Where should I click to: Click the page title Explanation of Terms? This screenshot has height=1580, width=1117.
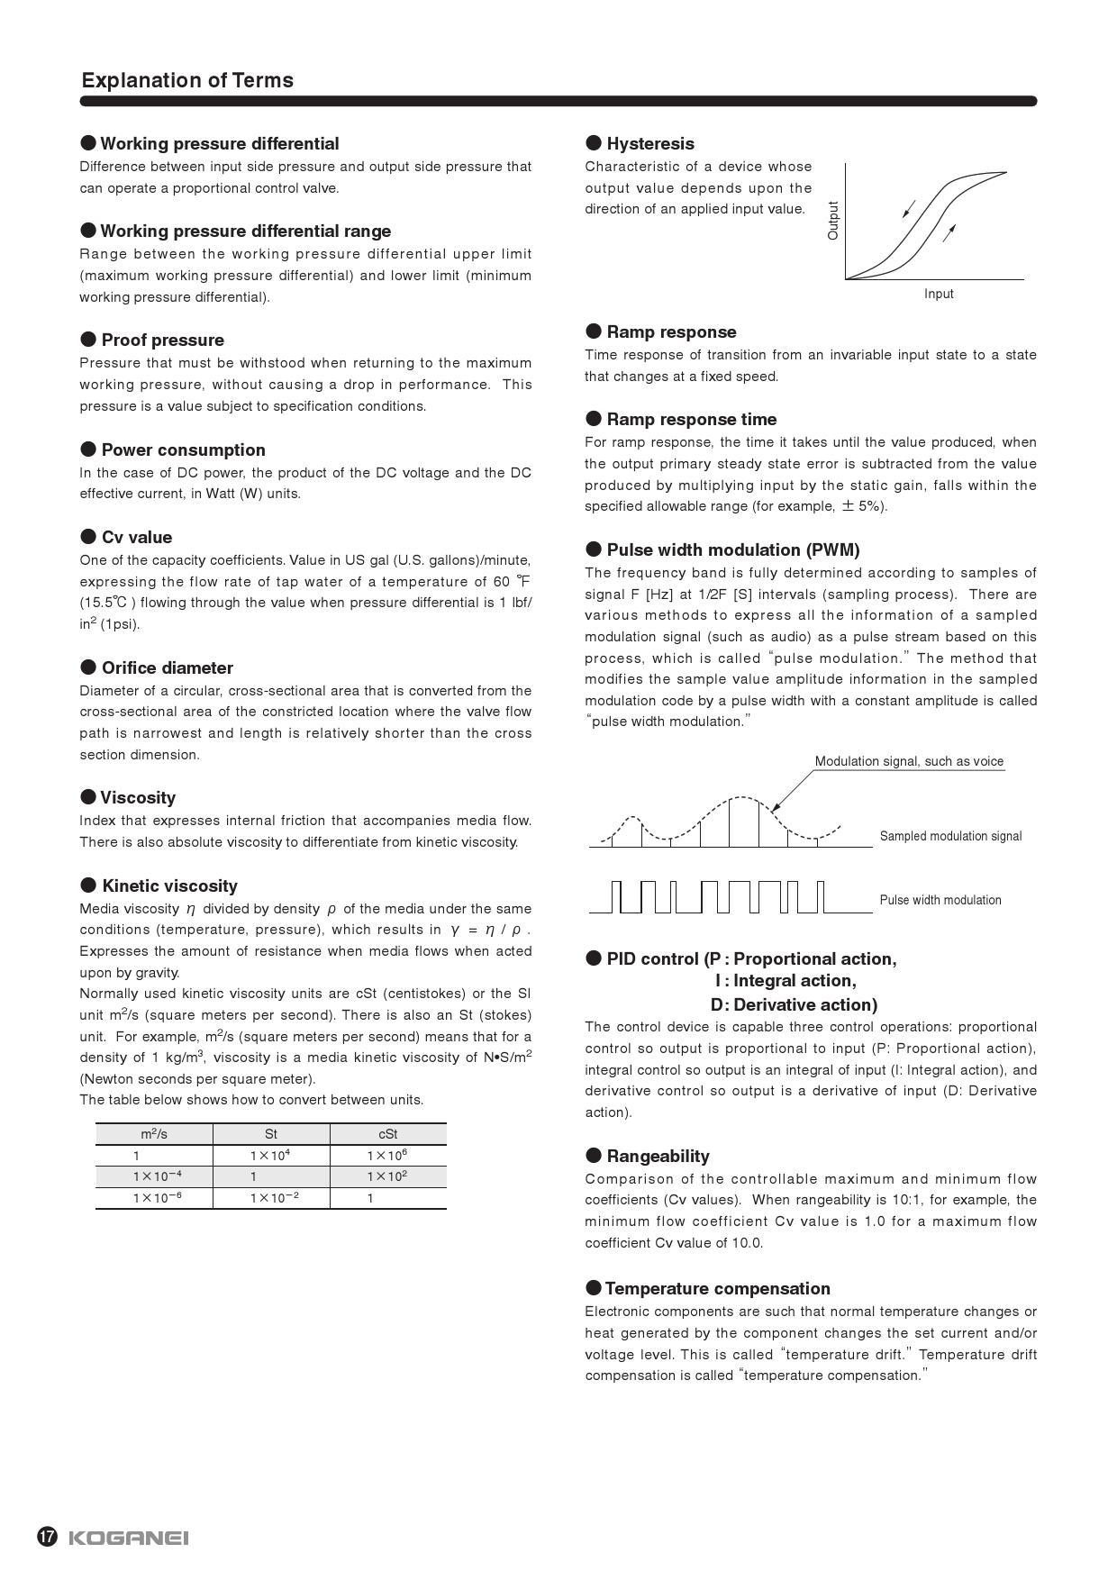(187, 80)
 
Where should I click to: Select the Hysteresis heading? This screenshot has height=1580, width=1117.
(649, 143)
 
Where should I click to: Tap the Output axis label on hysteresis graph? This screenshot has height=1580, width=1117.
(832, 220)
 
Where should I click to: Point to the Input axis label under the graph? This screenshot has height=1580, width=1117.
(938, 294)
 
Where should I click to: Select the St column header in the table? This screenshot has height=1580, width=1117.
(271, 1134)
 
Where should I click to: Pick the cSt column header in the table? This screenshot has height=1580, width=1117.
(388, 1134)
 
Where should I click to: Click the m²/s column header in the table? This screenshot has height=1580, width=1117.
(154, 1134)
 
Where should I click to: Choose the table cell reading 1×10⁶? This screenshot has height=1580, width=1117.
(387, 1155)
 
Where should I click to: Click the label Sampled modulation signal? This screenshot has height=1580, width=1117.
(950, 836)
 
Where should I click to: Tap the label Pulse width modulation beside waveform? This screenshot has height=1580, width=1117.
(940, 900)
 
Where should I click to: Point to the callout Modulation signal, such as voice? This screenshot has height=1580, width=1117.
(909, 761)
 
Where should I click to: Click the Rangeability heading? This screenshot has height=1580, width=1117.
(658, 1156)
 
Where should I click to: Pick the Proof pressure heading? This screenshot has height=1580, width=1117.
(162, 340)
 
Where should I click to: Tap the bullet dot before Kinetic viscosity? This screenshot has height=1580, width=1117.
(88, 885)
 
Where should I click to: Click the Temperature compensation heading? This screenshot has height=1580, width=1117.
(717, 1288)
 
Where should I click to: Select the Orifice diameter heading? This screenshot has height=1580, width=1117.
(167, 667)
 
